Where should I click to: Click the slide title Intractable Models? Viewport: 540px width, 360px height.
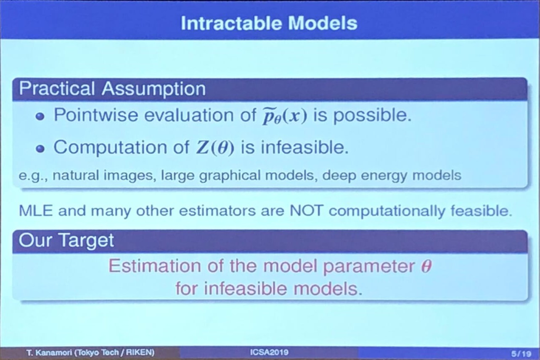(x=269, y=24)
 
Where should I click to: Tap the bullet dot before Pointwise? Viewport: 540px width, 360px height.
(x=40, y=117)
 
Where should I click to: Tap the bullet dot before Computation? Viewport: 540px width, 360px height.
(x=40, y=149)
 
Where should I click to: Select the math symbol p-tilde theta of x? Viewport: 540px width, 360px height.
(x=285, y=116)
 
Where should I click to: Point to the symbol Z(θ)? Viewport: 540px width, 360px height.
(x=215, y=148)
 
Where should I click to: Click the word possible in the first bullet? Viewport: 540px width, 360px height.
(x=372, y=116)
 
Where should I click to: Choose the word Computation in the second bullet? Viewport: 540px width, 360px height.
(x=110, y=148)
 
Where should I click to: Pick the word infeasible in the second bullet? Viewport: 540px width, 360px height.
(x=305, y=147)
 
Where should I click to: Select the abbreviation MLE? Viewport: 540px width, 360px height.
(x=36, y=211)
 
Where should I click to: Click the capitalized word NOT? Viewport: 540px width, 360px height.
(x=306, y=211)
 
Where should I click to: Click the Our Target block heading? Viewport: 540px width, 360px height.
(x=66, y=241)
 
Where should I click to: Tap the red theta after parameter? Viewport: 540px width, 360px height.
(x=426, y=266)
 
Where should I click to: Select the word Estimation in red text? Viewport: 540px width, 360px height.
(x=155, y=266)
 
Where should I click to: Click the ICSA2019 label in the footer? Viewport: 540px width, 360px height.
(x=269, y=352)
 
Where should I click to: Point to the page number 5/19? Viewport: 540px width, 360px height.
(x=521, y=354)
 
